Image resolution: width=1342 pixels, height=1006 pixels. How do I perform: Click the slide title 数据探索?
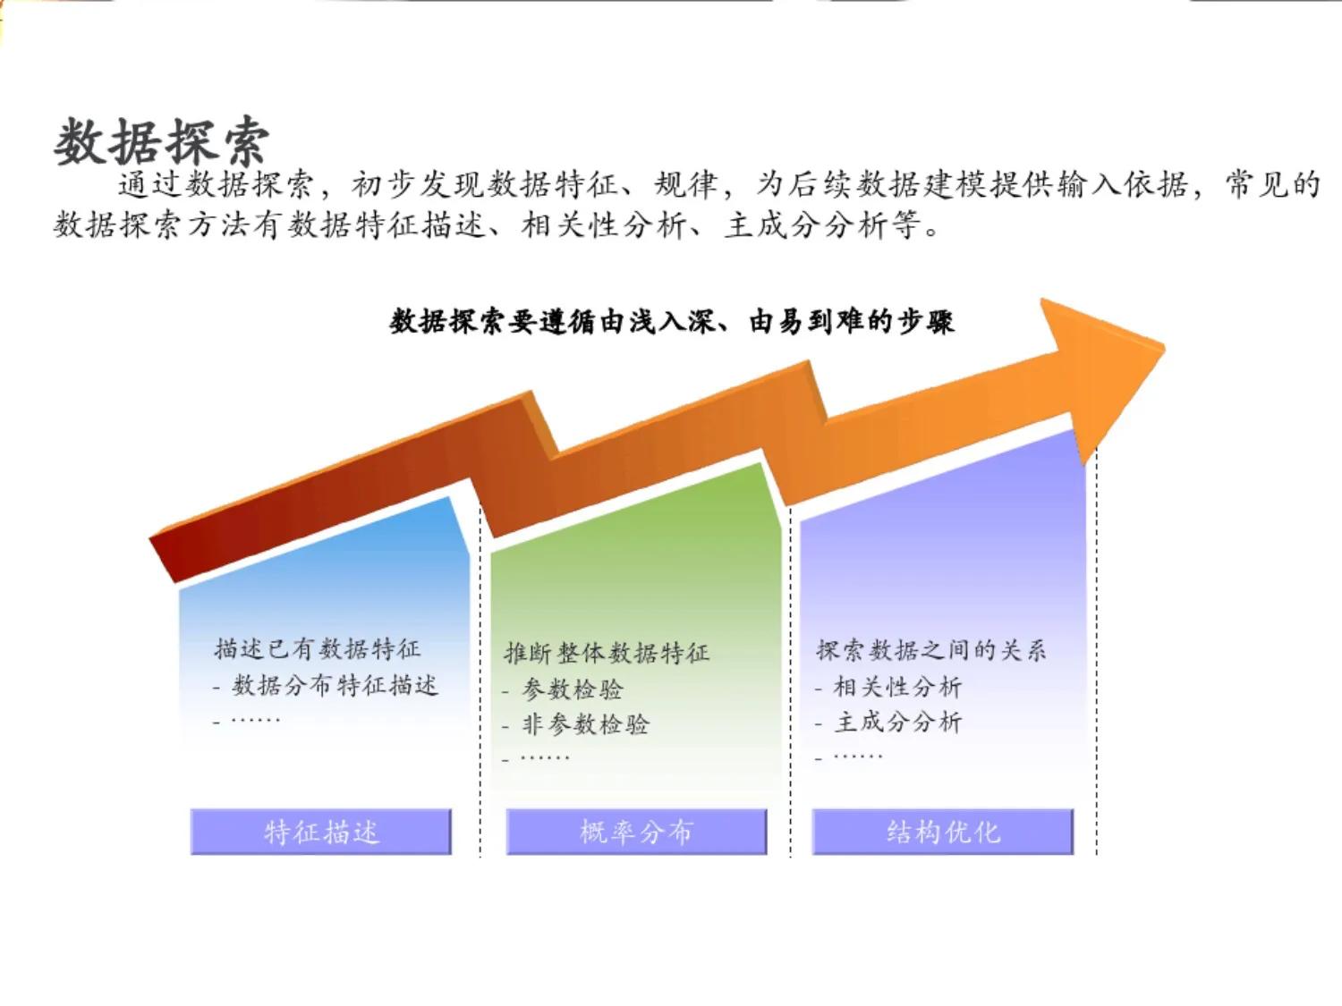[161, 141]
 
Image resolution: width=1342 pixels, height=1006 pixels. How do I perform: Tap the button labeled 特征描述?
[321, 833]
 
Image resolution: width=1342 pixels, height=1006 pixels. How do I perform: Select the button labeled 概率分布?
[636, 833]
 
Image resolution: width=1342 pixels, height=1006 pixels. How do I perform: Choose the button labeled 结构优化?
[943, 833]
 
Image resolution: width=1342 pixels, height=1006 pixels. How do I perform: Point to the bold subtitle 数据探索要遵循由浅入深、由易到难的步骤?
[672, 321]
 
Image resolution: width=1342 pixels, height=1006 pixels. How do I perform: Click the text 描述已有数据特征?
[317, 648]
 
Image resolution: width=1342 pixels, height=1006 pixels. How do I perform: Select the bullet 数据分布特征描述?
[335, 686]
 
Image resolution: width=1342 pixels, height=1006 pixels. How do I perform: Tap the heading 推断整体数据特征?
[607, 653]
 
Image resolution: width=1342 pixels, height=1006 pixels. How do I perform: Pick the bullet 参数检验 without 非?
[573, 689]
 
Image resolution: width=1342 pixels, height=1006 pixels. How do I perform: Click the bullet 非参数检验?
[585, 724]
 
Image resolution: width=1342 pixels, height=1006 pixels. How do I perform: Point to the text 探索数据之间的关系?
[930, 650]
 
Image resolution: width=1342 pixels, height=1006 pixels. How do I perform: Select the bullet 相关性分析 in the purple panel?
[897, 687]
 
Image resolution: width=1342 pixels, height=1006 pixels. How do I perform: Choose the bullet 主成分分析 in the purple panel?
[897, 722]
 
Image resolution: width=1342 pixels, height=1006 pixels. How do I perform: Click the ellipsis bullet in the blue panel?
[255, 720]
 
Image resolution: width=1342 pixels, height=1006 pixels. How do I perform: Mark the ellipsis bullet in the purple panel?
[857, 757]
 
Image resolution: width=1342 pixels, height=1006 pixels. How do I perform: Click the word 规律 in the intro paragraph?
[686, 185]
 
